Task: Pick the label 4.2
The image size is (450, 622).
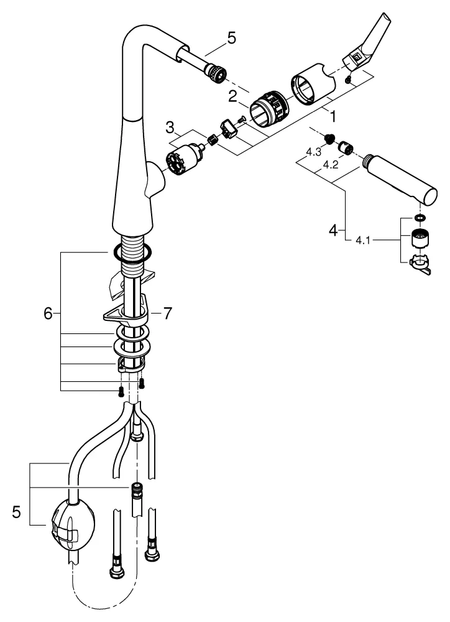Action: click(331, 167)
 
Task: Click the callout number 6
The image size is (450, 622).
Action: click(47, 314)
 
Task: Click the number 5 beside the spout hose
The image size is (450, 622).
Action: click(231, 39)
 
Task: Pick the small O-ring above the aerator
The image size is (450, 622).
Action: click(420, 219)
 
